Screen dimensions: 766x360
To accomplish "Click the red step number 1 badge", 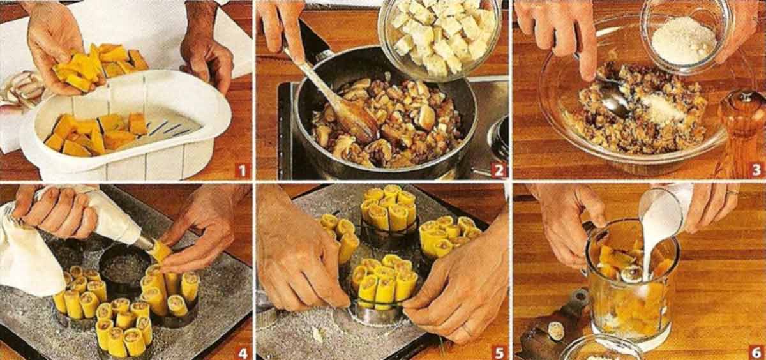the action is click(242, 170).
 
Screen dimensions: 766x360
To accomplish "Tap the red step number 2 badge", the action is click(499, 170).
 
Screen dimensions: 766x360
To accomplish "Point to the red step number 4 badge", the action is click(242, 352).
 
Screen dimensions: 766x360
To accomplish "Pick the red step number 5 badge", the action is click(499, 352).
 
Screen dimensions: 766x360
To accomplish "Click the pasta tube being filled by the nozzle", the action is click(160, 253).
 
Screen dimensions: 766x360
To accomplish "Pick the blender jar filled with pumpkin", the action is click(631, 284).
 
